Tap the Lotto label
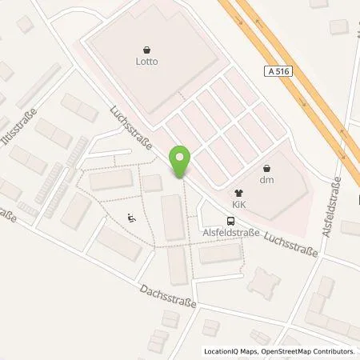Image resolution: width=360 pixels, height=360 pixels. [146, 59]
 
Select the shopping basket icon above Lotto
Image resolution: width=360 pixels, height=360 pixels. [146, 48]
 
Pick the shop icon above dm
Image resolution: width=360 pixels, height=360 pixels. [268, 168]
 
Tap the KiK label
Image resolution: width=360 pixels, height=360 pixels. [238, 204]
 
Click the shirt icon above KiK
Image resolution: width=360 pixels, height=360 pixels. [238, 193]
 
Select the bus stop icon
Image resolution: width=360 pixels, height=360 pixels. [230, 222]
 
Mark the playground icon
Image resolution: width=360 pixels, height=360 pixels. [131, 216]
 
